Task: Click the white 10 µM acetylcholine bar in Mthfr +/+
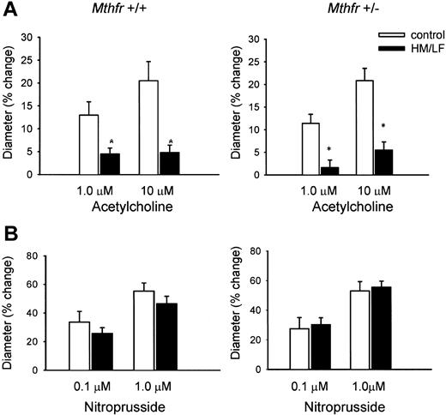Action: coord(149,128)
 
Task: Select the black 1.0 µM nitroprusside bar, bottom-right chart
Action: coord(376,340)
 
